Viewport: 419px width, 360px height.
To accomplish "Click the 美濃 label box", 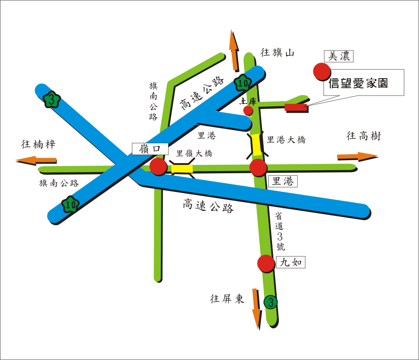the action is pos(339,56).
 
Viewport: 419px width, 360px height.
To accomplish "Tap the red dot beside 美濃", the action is pos(321,71).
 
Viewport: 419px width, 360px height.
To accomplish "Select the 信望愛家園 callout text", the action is pos(358,83).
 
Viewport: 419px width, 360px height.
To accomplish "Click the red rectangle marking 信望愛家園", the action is pos(296,107).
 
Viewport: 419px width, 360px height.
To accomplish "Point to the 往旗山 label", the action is pos(277,53).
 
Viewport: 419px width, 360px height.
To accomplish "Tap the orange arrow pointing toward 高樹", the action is pos(357,156).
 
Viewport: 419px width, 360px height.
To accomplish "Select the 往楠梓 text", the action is pos(38,144).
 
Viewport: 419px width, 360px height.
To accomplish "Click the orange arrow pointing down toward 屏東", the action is pos(256,309).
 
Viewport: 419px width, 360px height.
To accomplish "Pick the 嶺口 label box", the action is pos(150,149).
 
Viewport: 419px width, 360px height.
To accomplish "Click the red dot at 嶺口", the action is pos(159,166).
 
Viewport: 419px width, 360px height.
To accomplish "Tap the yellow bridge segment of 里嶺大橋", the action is pos(182,169).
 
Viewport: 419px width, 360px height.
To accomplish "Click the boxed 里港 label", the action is pos(283,181).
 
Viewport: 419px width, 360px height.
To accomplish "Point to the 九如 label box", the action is pos(291,262).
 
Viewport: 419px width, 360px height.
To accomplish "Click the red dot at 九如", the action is pos(266,264).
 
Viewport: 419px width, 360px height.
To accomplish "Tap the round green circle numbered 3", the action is pos(270,302).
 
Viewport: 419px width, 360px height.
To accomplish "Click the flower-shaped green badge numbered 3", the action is pos(52,100).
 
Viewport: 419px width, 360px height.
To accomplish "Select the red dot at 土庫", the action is pos(248,111).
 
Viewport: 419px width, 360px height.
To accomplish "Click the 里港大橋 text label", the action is pos(286,140).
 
